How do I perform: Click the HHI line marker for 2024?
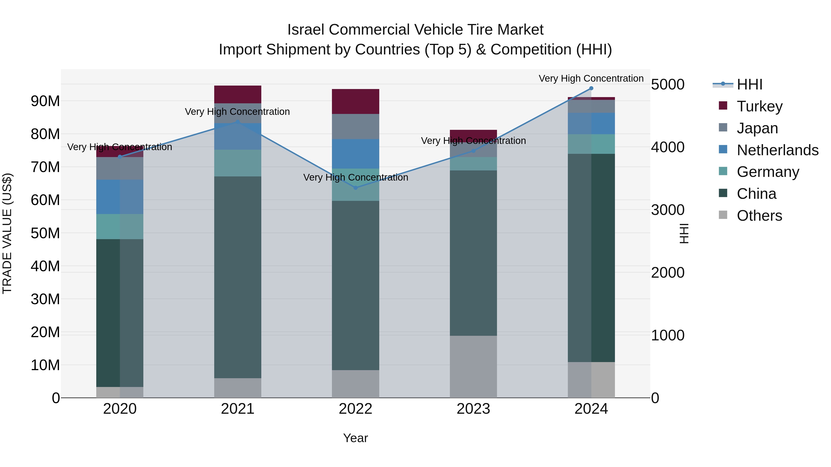pos(591,88)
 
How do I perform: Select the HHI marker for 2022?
pos(355,187)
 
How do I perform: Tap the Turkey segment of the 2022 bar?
pos(355,101)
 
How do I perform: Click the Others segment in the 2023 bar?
pos(473,366)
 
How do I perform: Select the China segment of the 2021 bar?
pos(238,277)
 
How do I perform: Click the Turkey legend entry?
pos(759,106)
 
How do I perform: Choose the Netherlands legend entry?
pos(777,150)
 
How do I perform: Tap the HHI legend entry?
pos(749,84)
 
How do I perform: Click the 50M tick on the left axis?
pos(45,233)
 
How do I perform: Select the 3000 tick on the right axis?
pos(667,210)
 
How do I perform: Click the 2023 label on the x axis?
pos(473,409)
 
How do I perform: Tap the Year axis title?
pos(355,438)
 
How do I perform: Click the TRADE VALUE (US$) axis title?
pos(7,233)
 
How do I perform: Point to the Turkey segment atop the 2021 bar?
pos(238,94)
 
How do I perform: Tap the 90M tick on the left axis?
pos(45,101)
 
